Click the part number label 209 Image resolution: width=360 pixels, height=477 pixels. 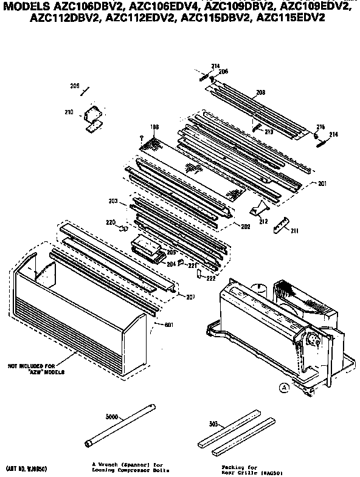point(75,86)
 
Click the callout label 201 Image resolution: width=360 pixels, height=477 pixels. point(322,184)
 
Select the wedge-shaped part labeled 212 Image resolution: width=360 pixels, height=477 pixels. point(261,210)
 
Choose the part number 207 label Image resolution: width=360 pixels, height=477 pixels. point(190,297)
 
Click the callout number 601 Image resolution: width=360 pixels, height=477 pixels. point(168,324)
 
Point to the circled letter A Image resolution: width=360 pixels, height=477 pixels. point(283,386)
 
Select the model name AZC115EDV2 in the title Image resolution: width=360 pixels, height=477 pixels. point(291,18)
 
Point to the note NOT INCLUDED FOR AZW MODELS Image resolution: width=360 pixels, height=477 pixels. point(36,369)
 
